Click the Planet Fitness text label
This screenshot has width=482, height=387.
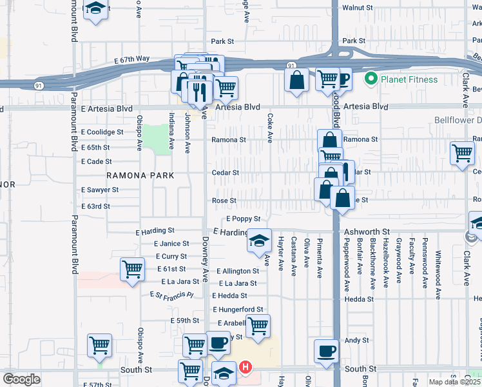click(x=409, y=79)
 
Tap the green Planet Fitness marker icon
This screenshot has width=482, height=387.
click(x=371, y=79)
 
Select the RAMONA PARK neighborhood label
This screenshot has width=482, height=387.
click(x=140, y=175)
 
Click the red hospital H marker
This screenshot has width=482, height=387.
click(x=245, y=368)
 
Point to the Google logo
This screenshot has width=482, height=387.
click(x=21, y=379)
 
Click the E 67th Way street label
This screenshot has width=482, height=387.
click(x=132, y=59)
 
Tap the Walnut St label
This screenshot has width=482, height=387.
click(x=358, y=7)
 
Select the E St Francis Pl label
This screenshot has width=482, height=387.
click(x=171, y=295)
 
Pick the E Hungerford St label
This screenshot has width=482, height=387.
click(x=238, y=310)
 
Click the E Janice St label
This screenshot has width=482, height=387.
click(x=171, y=244)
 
